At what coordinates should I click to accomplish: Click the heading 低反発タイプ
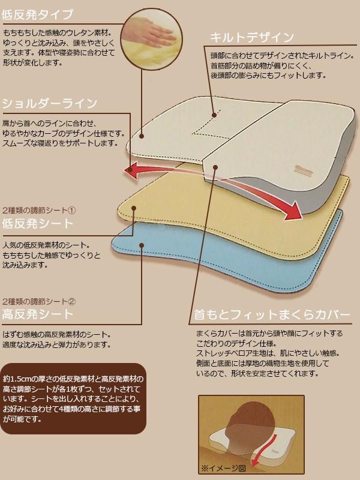[x=38, y=14]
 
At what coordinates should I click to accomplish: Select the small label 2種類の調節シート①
[x=39, y=211]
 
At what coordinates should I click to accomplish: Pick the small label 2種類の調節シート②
[x=39, y=301]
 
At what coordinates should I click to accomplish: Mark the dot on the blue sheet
[x=142, y=244]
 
